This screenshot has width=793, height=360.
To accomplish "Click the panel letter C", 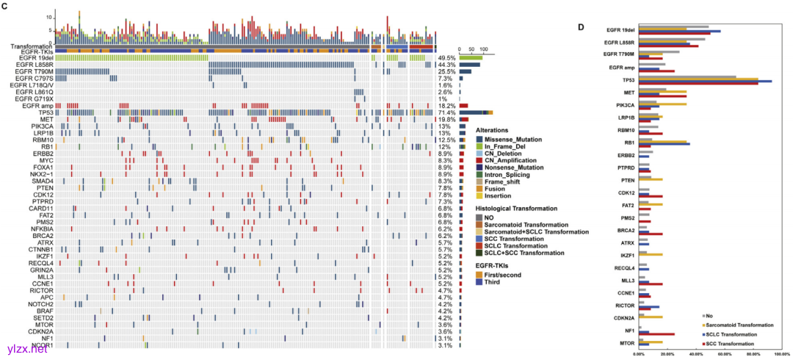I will coord(4,6).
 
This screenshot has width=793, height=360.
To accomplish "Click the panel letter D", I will coord(581,27).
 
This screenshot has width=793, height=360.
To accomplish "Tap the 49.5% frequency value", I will coord(446,57).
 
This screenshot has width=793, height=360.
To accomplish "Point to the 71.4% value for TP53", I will coord(446,112).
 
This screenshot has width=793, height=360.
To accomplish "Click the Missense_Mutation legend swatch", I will coord(479,138).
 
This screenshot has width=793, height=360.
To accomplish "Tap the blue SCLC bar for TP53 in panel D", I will coord(705,81).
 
